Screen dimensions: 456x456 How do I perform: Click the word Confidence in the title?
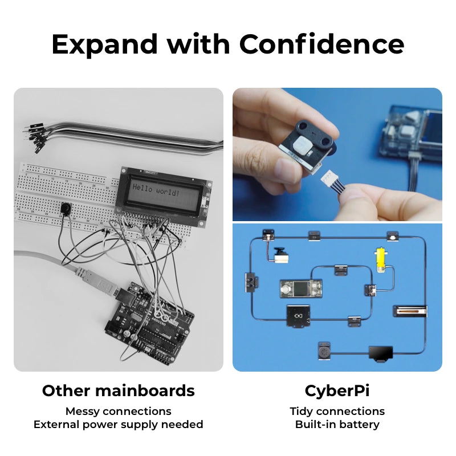click(321, 44)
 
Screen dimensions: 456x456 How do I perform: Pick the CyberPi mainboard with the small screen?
click(300, 288)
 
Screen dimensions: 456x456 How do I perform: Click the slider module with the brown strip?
click(410, 312)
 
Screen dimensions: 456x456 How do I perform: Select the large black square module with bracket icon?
click(298, 315)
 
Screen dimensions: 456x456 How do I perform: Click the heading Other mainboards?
click(118, 390)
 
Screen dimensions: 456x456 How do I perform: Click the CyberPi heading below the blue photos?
click(337, 390)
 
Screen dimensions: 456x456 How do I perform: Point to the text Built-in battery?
click(337, 424)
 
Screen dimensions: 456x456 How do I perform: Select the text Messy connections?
click(118, 411)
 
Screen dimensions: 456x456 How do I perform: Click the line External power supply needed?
click(118, 424)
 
